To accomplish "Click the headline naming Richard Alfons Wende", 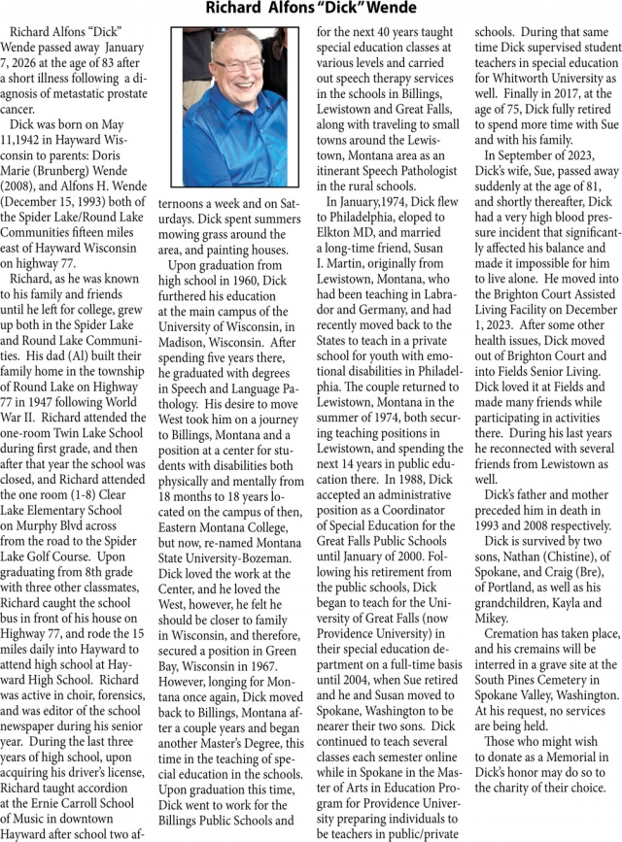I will coord(311,10).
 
